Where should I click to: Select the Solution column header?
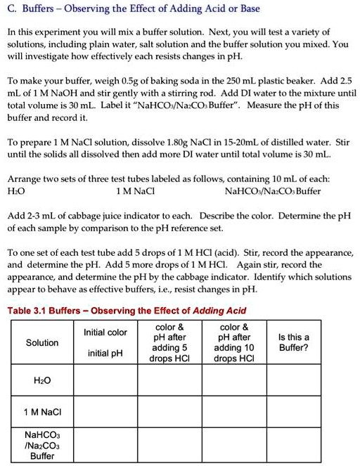click(42, 343)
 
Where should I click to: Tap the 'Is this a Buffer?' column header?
click(293, 342)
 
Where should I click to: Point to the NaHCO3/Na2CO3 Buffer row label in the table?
click(42, 444)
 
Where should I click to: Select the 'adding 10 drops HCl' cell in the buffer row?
click(234, 444)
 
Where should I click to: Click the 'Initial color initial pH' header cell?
click(105, 342)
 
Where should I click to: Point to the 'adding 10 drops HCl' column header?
click(234, 343)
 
